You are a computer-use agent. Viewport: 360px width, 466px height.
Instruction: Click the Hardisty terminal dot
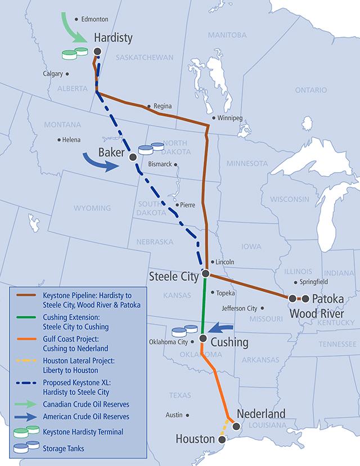click(x=97, y=51)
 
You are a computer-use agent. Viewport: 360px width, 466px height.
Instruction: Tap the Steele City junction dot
click(x=206, y=274)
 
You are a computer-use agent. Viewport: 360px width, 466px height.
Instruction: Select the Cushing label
click(x=229, y=342)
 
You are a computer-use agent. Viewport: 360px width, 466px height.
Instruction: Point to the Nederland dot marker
click(x=237, y=427)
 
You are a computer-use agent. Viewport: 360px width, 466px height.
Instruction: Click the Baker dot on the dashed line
click(x=133, y=156)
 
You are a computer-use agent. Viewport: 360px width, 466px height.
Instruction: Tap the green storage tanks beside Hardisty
click(x=75, y=53)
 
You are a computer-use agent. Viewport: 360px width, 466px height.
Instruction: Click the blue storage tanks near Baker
click(x=150, y=148)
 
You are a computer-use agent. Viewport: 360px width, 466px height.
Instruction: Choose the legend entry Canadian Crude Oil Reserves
click(x=86, y=404)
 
